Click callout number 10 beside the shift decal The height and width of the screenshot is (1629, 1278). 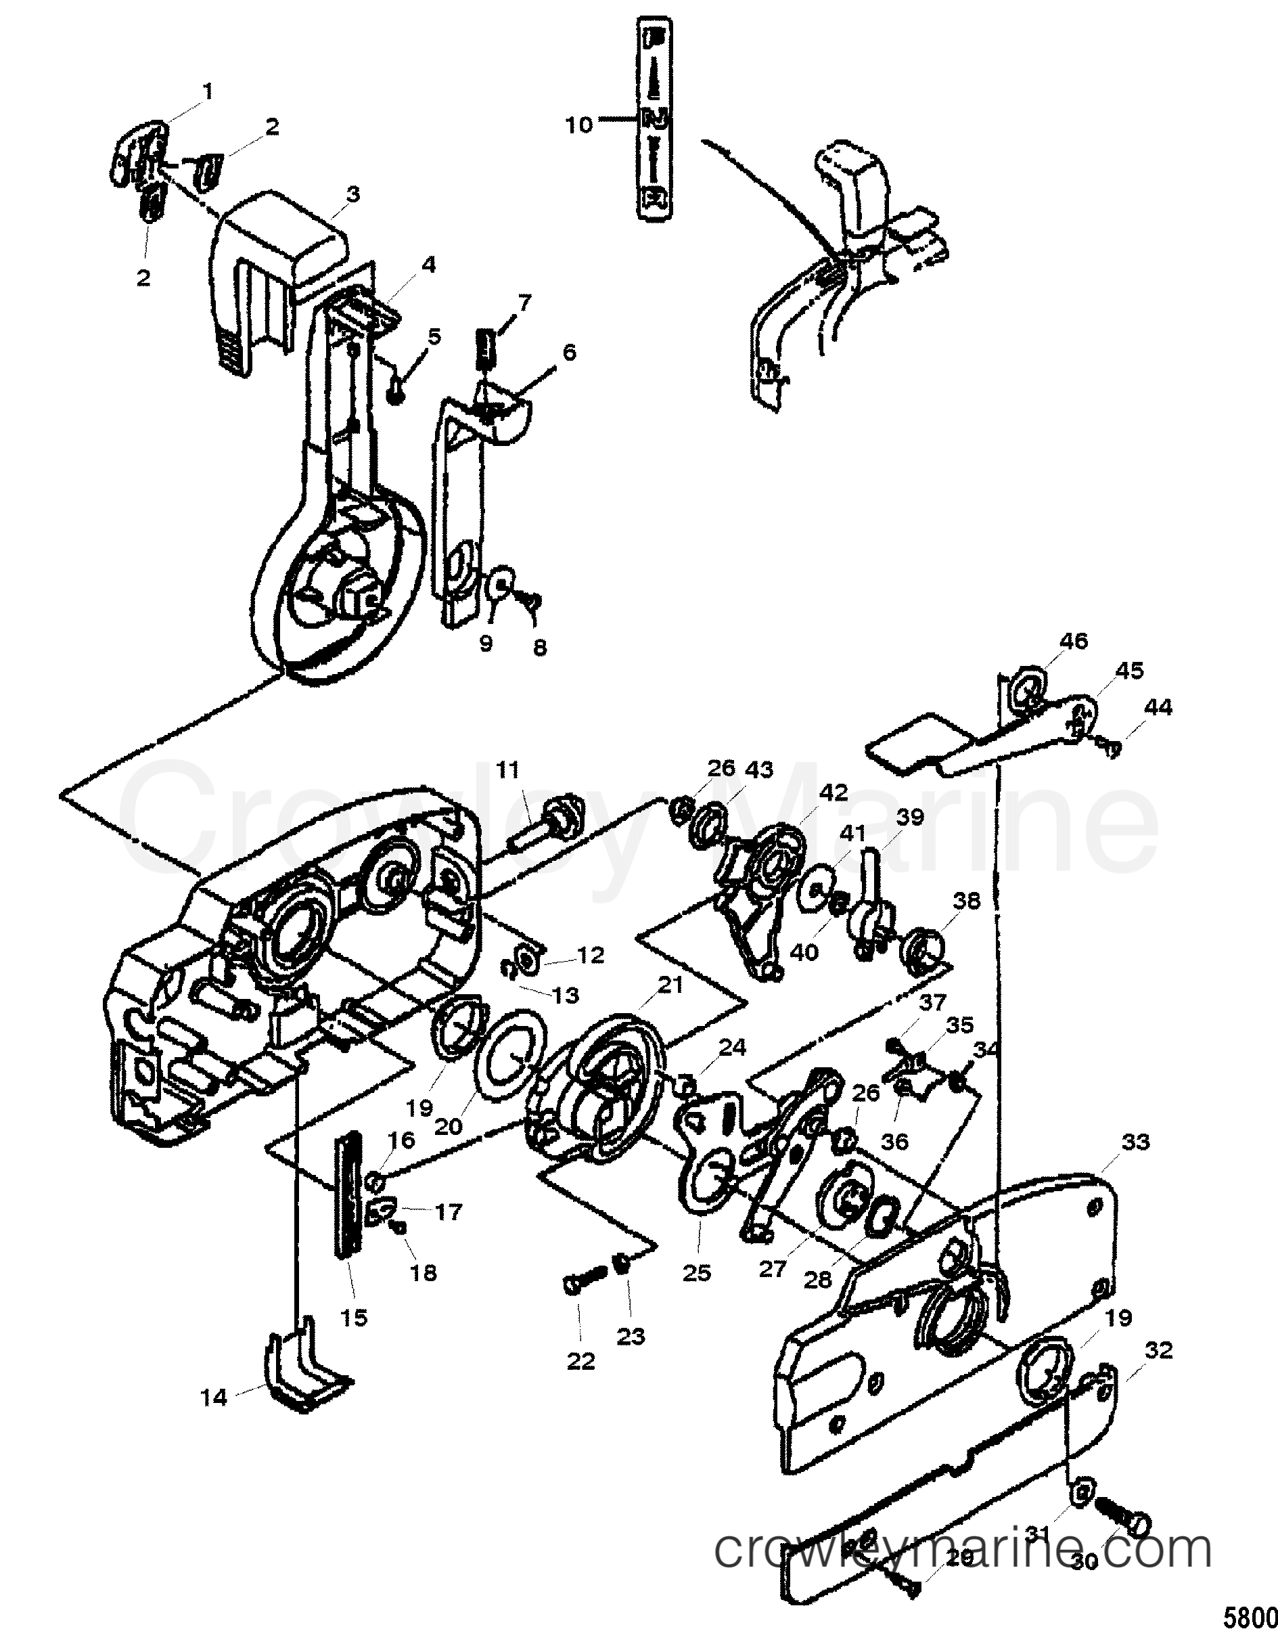578,125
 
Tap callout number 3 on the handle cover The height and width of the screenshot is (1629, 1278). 352,194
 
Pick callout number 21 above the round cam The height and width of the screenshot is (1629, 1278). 670,985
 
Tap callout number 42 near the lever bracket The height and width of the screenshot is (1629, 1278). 834,793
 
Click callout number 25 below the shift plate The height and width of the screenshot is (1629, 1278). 697,1273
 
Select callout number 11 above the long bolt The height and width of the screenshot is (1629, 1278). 507,769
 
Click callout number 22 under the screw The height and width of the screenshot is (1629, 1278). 580,1361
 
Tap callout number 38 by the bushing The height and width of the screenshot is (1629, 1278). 967,900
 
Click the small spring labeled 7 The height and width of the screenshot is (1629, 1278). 488,349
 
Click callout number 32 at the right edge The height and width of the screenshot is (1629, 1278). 1158,1351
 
